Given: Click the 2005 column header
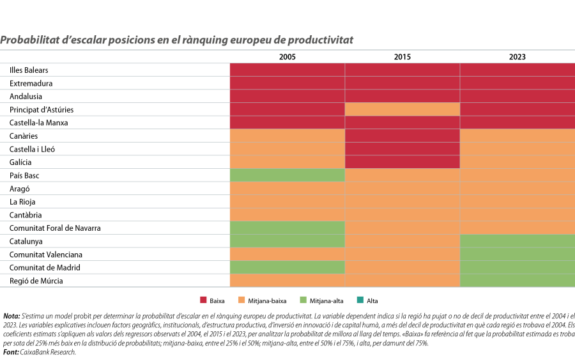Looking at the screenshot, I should (x=287, y=57).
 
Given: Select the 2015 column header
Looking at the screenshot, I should (x=402, y=57).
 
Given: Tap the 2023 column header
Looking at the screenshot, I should (x=517, y=57).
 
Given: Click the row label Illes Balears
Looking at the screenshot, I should (x=29, y=70).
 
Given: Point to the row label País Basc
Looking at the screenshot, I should (x=26, y=175).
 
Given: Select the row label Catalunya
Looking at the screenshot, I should (x=26, y=241).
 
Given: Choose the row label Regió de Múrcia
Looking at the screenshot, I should (x=36, y=281).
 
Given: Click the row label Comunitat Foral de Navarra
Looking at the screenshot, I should (x=55, y=228).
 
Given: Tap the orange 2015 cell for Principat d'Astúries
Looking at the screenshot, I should (x=402, y=109).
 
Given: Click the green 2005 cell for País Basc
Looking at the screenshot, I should (x=287, y=175).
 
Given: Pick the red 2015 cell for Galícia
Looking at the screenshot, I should (x=402, y=162).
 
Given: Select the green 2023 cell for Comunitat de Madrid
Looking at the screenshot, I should (x=517, y=267).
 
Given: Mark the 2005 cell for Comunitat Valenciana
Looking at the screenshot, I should (x=287, y=254).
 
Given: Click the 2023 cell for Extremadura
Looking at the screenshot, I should (x=517, y=83).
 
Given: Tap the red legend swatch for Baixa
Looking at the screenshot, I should (x=204, y=300).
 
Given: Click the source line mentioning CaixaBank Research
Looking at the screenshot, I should (x=39, y=352).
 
